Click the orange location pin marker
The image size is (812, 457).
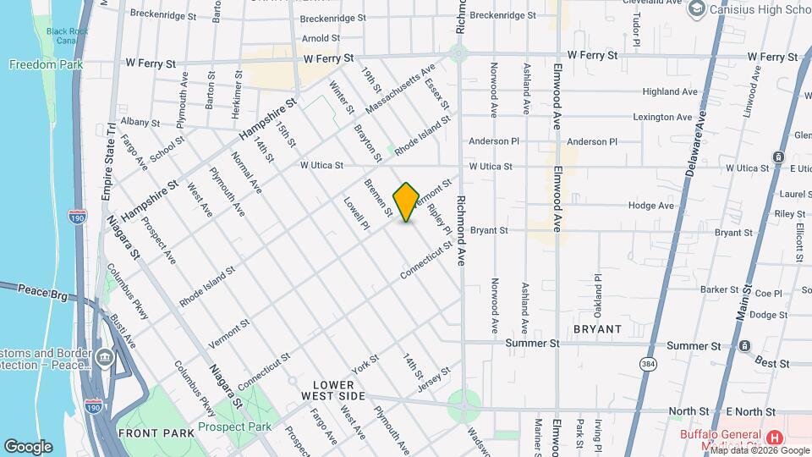click(x=406, y=202)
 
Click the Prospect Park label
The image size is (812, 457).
click(x=235, y=427)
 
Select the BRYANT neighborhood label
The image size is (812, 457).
click(x=597, y=328)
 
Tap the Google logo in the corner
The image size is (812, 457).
click(x=28, y=446)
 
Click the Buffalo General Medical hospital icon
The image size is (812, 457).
click(x=773, y=438)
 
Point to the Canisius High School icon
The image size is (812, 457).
click(x=697, y=9)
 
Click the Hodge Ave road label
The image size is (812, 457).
click(x=650, y=205)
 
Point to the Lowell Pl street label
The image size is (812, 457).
click(x=356, y=213)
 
